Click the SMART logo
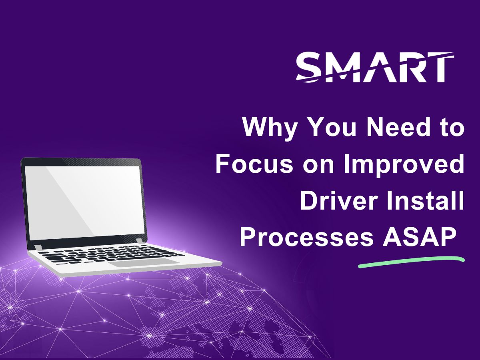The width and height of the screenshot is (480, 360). (x=375, y=67)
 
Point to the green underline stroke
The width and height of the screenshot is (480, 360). (x=411, y=262)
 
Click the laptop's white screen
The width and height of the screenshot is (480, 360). (x=85, y=203)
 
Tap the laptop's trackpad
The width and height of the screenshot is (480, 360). (x=144, y=262)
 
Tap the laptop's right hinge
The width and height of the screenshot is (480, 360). (x=139, y=241)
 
